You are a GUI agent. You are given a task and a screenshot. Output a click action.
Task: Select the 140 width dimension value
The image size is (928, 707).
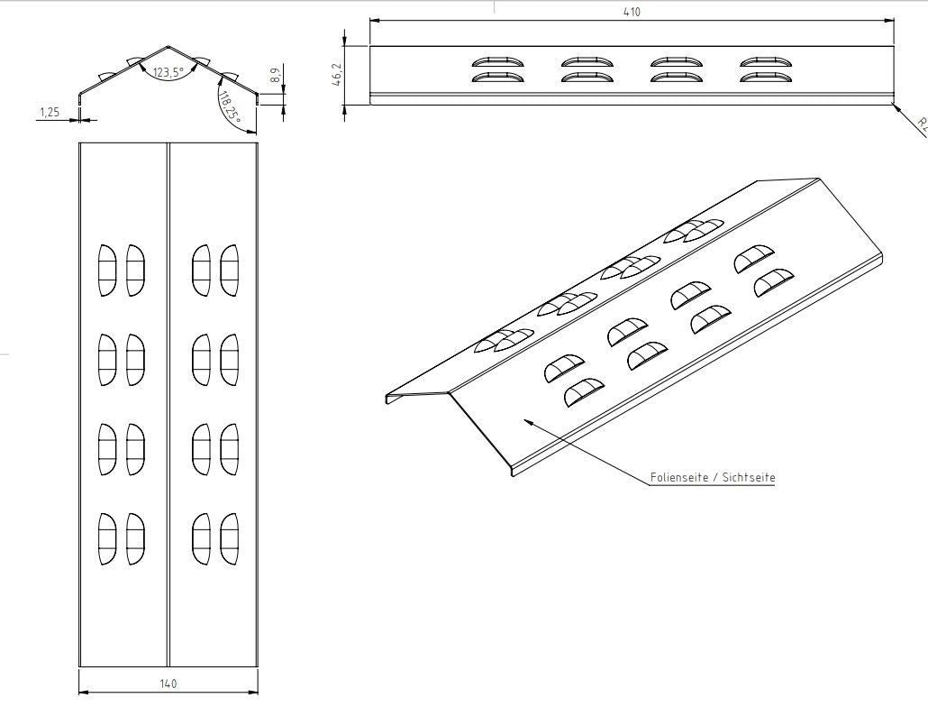click(168, 684)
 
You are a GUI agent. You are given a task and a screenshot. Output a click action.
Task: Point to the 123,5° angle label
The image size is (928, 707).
click(168, 72)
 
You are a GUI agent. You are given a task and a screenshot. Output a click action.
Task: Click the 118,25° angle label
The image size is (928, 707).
click(230, 106)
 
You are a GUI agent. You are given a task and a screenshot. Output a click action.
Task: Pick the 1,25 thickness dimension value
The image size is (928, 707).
click(49, 113)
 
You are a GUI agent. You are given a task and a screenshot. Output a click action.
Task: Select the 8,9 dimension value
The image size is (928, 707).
click(275, 75)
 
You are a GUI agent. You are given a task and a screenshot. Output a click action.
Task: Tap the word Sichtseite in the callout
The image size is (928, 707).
click(747, 477)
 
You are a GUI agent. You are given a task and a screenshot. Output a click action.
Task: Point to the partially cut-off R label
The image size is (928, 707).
click(922, 124)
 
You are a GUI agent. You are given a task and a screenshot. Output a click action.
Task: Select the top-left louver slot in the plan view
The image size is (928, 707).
click(106, 269)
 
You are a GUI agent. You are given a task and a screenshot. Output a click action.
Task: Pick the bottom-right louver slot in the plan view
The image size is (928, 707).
click(230, 538)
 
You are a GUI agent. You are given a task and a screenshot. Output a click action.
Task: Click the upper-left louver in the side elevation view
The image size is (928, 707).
click(496, 62)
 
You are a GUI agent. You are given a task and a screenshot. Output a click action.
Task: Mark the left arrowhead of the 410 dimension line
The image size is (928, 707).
click(374, 20)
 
